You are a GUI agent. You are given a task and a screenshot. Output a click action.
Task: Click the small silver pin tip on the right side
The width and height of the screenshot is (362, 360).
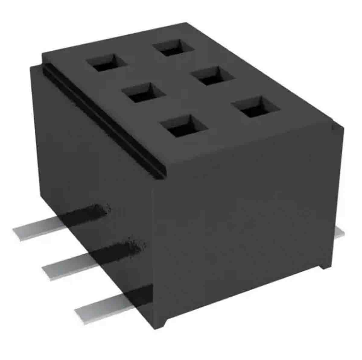(340, 232)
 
